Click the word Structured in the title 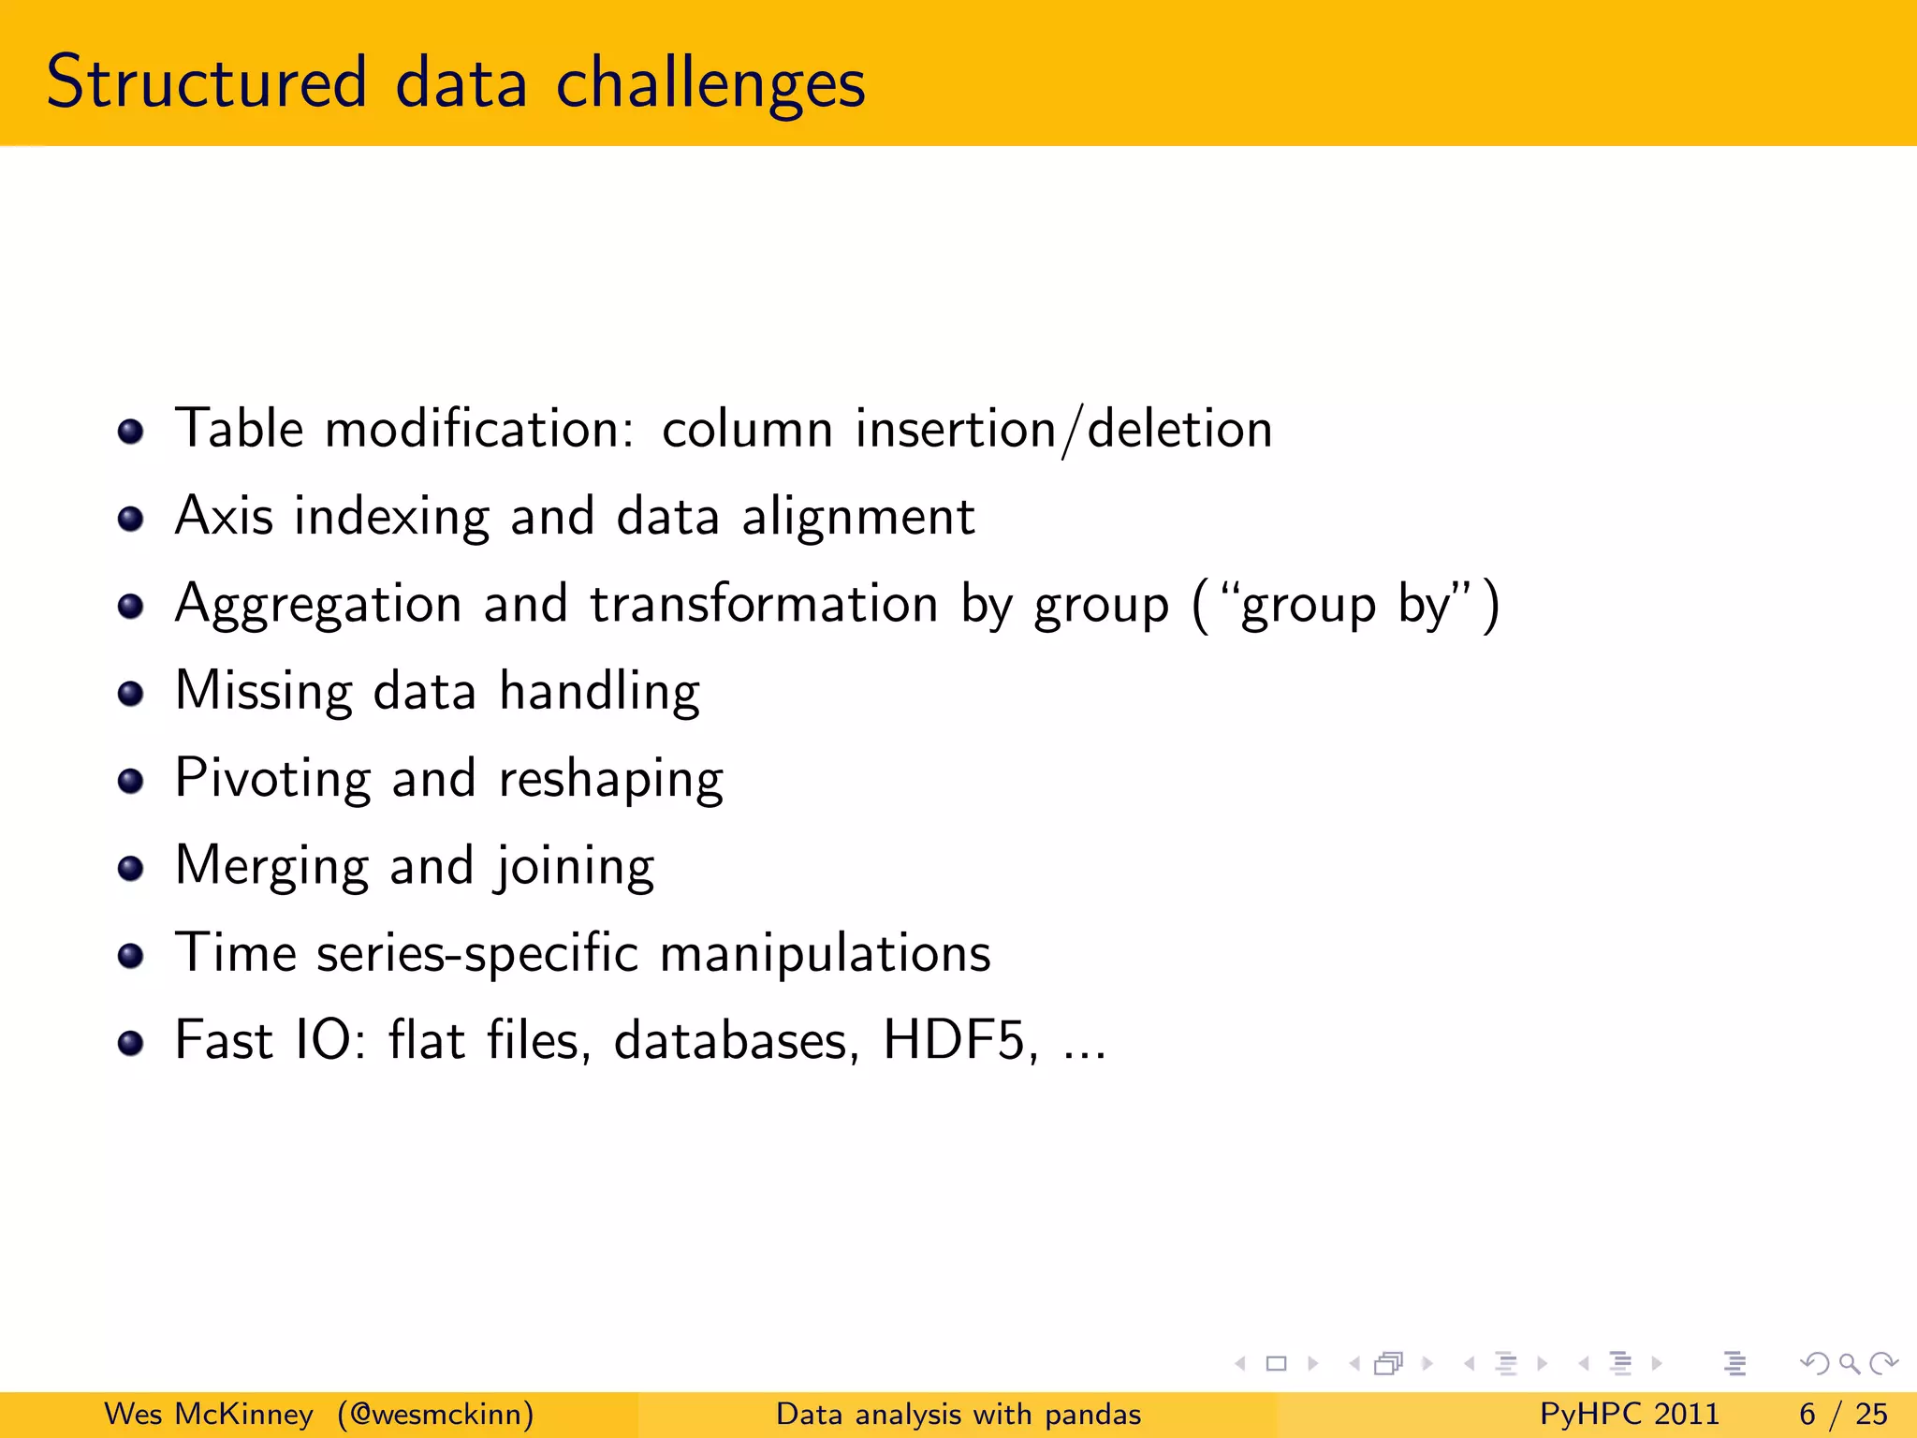click(x=206, y=82)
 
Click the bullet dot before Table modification click(x=130, y=432)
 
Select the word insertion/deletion click(x=1063, y=430)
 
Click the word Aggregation click(x=318, y=605)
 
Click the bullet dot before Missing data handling click(x=130, y=694)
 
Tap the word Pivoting click(x=272, y=779)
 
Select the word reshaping click(x=610, y=780)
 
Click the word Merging click(x=271, y=867)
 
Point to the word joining click(x=575, y=867)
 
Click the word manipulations click(x=825, y=954)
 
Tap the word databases click(x=736, y=1040)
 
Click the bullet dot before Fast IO click(x=130, y=1043)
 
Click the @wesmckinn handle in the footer click(x=436, y=1414)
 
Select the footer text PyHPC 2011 click(x=1629, y=1414)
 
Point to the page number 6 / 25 click(x=1842, y=1414)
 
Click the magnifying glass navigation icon click(x=1849, y=1364)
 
